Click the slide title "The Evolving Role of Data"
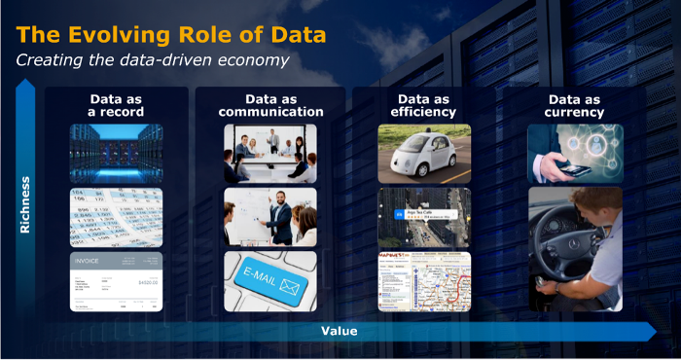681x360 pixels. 170,36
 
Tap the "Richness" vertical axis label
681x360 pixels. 27,205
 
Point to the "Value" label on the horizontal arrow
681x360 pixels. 339,331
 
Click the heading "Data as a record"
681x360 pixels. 117,105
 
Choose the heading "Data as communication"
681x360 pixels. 270,105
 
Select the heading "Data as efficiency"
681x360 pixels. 423,105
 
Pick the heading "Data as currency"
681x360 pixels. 575,105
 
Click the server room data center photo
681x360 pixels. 117,154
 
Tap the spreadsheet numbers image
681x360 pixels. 117,217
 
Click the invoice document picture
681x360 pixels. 117,281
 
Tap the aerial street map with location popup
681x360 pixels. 424,217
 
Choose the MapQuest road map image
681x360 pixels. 424,281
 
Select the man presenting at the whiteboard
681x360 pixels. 279,215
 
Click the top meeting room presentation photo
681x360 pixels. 270,154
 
